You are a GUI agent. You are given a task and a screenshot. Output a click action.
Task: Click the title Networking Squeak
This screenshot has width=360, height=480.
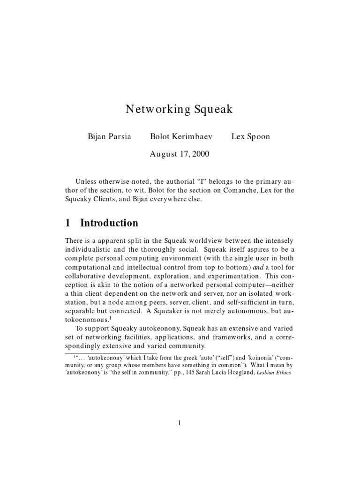click(x=180, y=110)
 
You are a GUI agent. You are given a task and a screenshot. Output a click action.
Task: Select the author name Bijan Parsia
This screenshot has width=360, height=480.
click(x=110, y=136)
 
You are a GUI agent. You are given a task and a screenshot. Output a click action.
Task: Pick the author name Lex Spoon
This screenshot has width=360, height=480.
click(x=250, y=136)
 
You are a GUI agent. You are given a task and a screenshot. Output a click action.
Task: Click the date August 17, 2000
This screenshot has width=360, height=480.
click(x=180, y=154)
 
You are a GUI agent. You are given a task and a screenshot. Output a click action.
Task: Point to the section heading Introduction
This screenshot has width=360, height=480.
click(x=109, y=223)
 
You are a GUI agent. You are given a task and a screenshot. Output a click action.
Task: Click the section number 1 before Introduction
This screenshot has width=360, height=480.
click(x=68, y=223)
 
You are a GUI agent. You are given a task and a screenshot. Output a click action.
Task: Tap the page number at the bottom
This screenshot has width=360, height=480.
click(x=180, y=423)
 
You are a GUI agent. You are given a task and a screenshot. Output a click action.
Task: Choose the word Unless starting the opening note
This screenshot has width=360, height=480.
click(x=86, y=181)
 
